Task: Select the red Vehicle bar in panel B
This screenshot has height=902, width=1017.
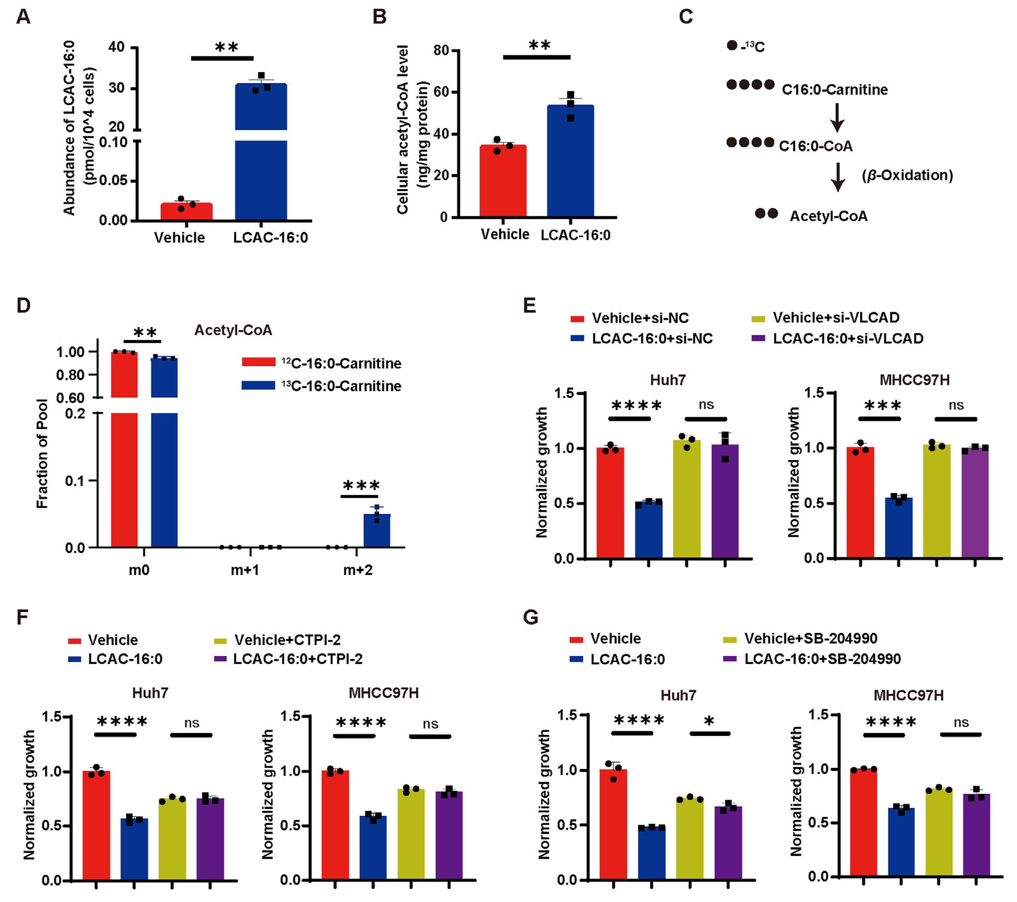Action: pos(502,180)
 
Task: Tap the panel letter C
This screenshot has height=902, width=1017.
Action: pos(685,17)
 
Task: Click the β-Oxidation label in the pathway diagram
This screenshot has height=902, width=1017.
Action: pos(907,175)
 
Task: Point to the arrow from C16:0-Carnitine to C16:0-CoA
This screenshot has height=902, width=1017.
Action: pos(837,118)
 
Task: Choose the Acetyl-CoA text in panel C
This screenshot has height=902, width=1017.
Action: pos(828,216)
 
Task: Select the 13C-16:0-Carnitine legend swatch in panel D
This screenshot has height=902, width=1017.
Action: pos(258,385)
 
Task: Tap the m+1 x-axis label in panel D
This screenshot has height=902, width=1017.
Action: pos(245,570)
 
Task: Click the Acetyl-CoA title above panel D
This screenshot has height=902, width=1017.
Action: pos(233,330)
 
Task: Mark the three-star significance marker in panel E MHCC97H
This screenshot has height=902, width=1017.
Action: pos(882,405)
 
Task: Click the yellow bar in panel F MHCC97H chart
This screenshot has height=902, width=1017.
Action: pos(411,834)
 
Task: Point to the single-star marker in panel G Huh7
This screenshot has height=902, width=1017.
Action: pos(709,722)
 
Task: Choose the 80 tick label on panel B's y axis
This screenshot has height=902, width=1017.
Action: pos(441,51)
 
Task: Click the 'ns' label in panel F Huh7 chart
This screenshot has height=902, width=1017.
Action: pos(191,723)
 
